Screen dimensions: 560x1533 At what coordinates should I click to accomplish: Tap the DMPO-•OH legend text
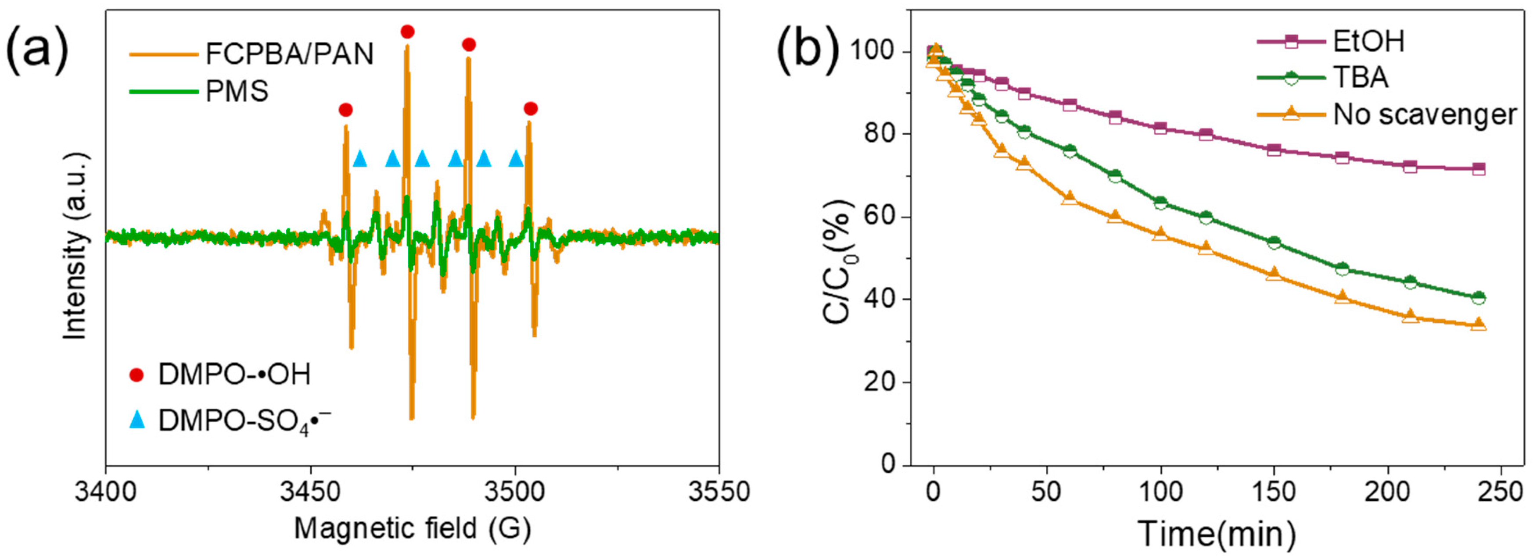tap(234, 375)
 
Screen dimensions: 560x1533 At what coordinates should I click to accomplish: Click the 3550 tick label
tap(718, 493)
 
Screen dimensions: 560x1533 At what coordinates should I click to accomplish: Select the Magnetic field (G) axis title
tap(412, 528)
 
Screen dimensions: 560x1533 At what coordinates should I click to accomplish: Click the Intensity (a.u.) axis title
tap(75, 246)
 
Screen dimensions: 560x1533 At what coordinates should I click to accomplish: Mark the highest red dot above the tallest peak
tap(407, 32)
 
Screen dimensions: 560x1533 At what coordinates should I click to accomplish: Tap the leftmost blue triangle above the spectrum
tap(359, 159)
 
